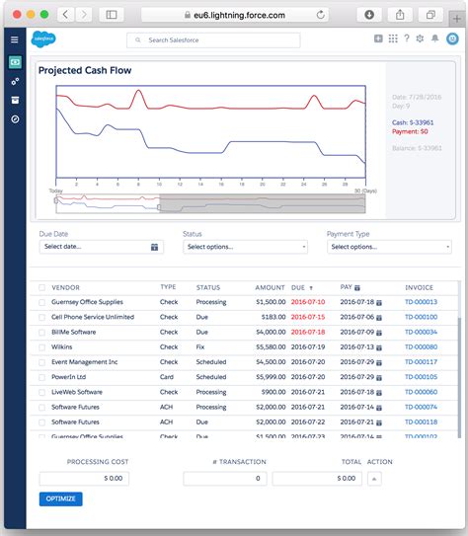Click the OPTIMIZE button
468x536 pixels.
coord(61,499)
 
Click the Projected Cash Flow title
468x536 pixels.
coord(85,71)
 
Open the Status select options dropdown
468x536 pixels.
coord(246,247)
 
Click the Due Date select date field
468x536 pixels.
coord(100,247)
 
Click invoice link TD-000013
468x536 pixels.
coord(421,302)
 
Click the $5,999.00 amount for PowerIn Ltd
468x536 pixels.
coord(270,376)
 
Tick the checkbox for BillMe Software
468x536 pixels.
coord(41,332)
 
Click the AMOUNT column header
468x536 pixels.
coord(270,287)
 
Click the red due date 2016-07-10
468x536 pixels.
coord(308,302)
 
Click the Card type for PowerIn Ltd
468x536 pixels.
coord(168,376)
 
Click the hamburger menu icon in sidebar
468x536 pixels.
coord(15,39)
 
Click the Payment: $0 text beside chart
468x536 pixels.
coord(409,131)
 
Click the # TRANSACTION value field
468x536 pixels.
coord(225,478)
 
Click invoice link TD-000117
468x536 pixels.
coord(421,361)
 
